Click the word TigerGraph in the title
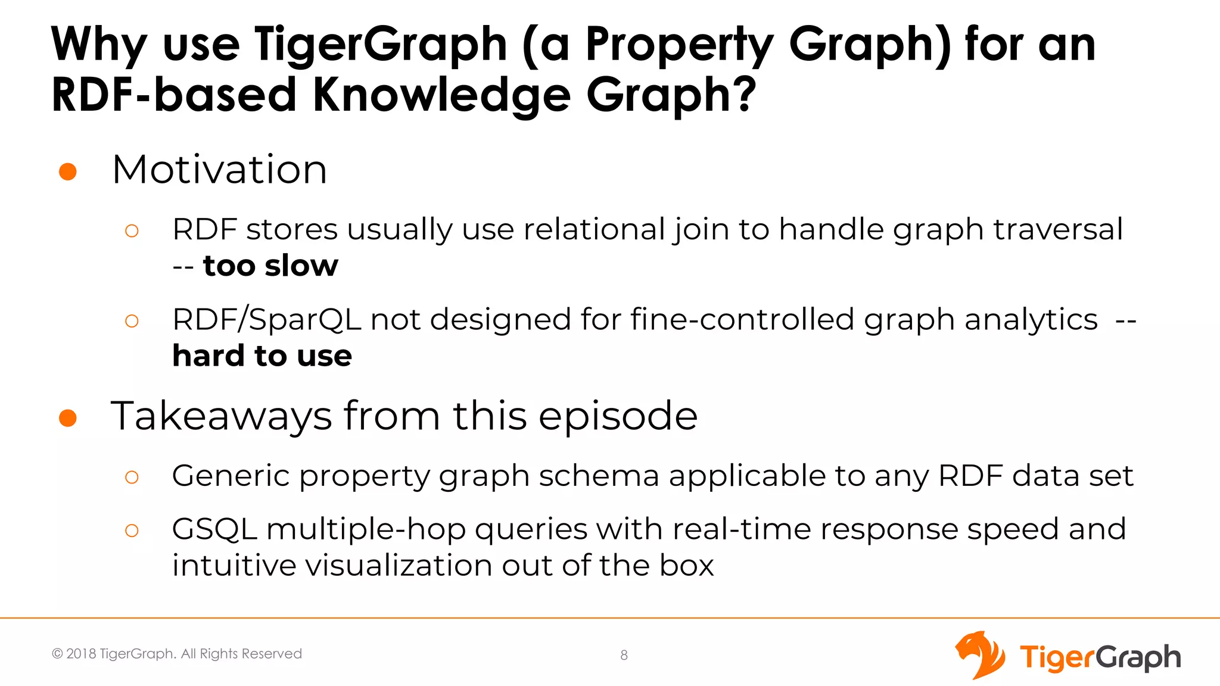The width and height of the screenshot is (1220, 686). click(x=381, y=45)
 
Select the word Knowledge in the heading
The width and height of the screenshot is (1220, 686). click(x=441, y=95)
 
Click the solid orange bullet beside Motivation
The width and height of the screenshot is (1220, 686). click(x=68, y=171)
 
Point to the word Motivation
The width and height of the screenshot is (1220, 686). click(x=219, y=170)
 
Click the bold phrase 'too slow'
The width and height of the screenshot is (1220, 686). click(x=270, y=266)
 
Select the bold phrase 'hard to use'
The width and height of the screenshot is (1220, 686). click(x=262, y=356)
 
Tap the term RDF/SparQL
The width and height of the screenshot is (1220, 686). click(x=266, y=320)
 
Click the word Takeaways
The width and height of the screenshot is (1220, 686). click(x=221, y=416)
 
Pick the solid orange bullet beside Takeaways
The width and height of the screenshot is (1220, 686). click(x=68, y=418)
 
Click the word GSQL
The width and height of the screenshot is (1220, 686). click(x=214, y=529)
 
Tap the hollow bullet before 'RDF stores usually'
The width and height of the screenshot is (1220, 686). click(x=132, y=231)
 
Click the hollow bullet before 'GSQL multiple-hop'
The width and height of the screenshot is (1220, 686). click(x=132, y=531)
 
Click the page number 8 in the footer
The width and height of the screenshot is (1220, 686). click(x=624, y=656)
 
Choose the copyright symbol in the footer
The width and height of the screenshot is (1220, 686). click(x=57, y=654)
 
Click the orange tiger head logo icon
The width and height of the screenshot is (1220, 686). click(x=979, y=654)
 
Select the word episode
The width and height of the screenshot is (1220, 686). click(x=618, y=416)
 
